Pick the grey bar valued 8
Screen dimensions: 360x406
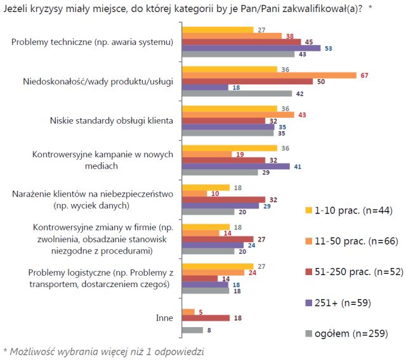tap(192, 330)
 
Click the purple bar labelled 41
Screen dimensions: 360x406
tap(236, 166)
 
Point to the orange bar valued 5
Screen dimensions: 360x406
tap(188, 311)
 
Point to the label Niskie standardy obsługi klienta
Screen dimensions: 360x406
tap(111, 122)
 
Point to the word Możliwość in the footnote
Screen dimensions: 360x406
tap(35, 350)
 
